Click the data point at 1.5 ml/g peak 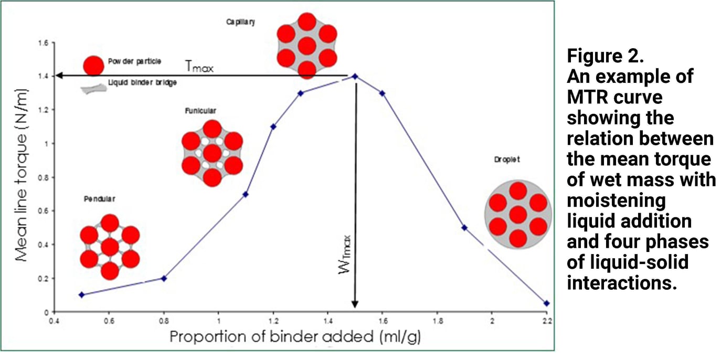[x=355, y=76]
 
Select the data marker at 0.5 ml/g [x=81, y=294]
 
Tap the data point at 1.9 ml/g [x=464, y=227]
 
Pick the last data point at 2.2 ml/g [x=547, y=303]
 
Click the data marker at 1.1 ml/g [x=246, y=194]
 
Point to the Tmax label [x=199, y=66]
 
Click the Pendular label [x=99, y=199]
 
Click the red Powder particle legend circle [x=92, y=65]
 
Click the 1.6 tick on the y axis [x=43, y=43]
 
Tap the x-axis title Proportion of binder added [x=295, y=336]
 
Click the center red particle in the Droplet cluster [x=518, y=215]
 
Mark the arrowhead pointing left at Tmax [x=59, y=76]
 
